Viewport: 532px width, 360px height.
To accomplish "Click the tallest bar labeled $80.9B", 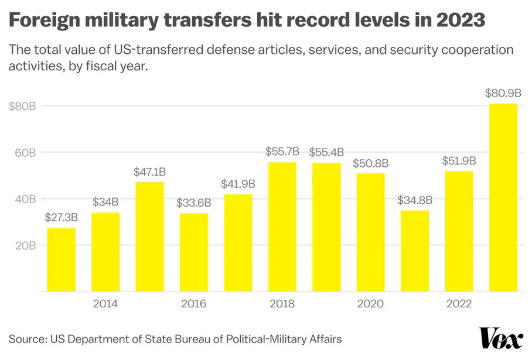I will [x=503, y=197].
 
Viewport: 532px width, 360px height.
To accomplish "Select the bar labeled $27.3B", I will [x=62, y=259].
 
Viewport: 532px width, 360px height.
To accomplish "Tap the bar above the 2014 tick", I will [x=105, y=252].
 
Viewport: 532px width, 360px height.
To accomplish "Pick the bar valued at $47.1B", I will [x=149, y=236].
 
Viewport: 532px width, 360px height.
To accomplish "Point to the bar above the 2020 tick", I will [x=370, y=232].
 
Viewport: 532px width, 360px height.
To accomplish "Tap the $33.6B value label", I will [x=193, y=204].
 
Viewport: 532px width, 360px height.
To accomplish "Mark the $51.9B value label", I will [x=459, y=162].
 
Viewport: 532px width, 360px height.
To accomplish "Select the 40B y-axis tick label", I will [x=25, y=199].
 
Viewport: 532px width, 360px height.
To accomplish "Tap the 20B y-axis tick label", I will [x=25, y=245].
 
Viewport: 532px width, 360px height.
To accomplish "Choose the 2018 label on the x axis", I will [x=282, y=304].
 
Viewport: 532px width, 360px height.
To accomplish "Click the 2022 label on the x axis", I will [x=459, y=304].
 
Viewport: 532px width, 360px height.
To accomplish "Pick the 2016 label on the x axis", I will [x=193, y=304].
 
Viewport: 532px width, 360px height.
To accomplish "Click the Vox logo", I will [x=501, y=339].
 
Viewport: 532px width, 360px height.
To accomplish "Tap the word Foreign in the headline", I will [x=46, y=22].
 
